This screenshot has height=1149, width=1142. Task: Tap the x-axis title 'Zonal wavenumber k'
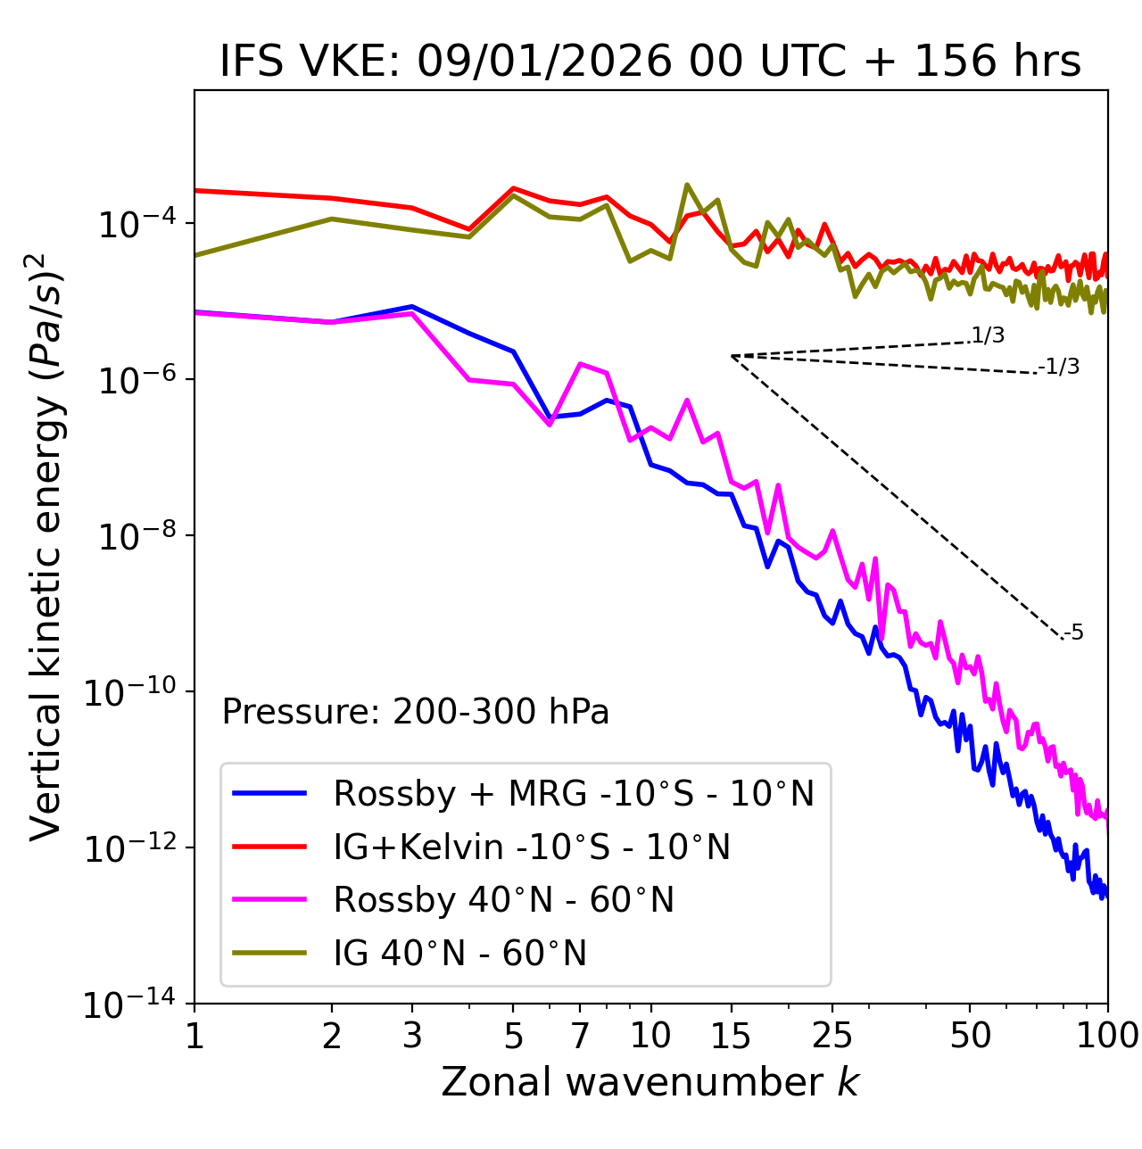click(x=650, y=1082)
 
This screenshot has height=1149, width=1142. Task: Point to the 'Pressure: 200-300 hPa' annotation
click(x=415, y=712)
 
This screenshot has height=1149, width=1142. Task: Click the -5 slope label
click(x=1073, y=633)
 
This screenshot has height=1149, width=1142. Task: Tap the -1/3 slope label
click(x=1059, y=367)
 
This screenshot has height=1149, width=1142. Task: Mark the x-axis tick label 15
click(x=732, y=1036)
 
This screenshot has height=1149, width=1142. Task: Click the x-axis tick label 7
click(x=580, y=1036)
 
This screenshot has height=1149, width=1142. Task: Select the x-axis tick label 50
click(x=970, y=1036)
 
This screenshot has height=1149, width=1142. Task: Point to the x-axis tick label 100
click(x=1106, y=1036)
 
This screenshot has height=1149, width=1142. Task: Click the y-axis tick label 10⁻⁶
click(x=135, y=379)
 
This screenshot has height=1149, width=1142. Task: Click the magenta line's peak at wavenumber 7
click(x=580, y=363)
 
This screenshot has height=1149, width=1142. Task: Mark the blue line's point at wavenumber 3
click(x=412, y=306)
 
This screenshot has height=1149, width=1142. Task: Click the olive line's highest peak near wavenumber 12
click(x=686, y=185)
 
